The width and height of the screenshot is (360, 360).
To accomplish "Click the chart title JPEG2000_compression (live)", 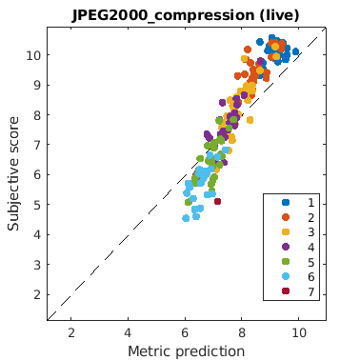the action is [186, 15].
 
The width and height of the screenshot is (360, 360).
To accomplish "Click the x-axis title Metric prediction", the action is [187, 351].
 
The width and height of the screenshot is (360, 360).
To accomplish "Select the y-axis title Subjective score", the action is [13, 173].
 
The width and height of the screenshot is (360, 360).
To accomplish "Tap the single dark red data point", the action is [217, 201].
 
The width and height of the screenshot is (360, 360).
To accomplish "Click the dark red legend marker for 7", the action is [286, 290].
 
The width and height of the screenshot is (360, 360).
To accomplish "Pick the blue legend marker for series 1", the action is [286, 202].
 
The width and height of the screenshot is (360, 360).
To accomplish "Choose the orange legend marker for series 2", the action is [286, 217].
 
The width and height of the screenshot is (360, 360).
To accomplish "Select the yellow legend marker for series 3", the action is [286, 231].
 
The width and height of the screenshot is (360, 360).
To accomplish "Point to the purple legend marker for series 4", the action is [286, 247].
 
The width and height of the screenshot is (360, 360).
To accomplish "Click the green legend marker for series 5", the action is [286, 261].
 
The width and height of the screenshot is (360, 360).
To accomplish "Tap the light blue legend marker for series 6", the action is [286, 276].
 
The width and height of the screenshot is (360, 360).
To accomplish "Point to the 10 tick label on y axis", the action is [34, 55].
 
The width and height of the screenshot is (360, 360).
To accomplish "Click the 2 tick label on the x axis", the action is [71, 332].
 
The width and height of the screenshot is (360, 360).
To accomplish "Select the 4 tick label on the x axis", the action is [128, 332].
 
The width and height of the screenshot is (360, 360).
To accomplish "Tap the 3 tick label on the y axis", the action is [38, 265].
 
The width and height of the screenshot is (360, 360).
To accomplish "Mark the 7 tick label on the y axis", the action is [38, 145].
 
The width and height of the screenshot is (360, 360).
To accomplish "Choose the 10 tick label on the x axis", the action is [299, 332].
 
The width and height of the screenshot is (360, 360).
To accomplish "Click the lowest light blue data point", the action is [186, 218].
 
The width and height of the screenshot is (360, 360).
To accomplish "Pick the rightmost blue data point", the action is [295, 51].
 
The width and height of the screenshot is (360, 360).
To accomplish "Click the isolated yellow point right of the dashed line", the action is [250, 120].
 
